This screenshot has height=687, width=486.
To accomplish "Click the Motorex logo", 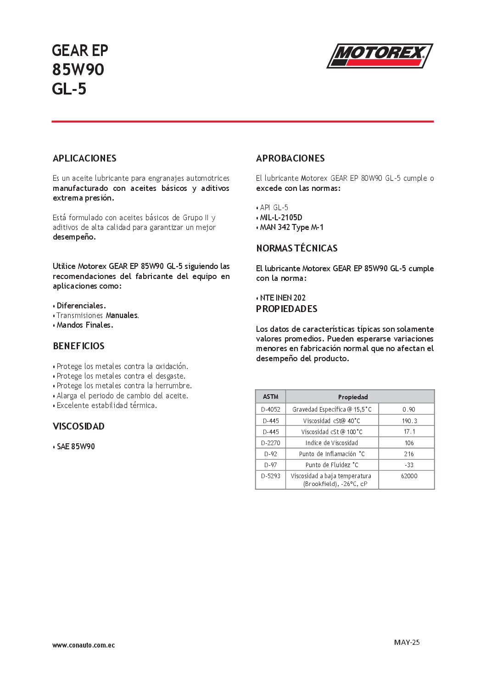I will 380,56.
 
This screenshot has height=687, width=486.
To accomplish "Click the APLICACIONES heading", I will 84,158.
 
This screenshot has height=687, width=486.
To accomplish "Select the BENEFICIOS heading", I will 78,346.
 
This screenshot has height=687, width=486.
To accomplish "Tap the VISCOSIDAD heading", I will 78,426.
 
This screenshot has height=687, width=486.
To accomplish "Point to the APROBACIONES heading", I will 290,158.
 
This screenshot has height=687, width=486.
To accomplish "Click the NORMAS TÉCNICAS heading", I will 296,248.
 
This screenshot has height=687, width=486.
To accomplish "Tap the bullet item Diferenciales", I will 81,306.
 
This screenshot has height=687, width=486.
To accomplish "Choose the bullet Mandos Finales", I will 84,325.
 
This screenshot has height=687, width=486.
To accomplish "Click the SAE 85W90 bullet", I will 75,447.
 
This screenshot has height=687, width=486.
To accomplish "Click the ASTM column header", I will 270,397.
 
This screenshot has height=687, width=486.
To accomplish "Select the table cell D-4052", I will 270,409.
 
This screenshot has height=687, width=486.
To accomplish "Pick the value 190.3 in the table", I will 409,421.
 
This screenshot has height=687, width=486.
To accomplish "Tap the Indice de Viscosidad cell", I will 331,443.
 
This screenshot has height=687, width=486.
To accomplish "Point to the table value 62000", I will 409,476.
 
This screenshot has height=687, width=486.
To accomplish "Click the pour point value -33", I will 409,465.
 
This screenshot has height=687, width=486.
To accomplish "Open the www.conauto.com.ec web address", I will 84,645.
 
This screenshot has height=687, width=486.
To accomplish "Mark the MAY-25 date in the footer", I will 407,642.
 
